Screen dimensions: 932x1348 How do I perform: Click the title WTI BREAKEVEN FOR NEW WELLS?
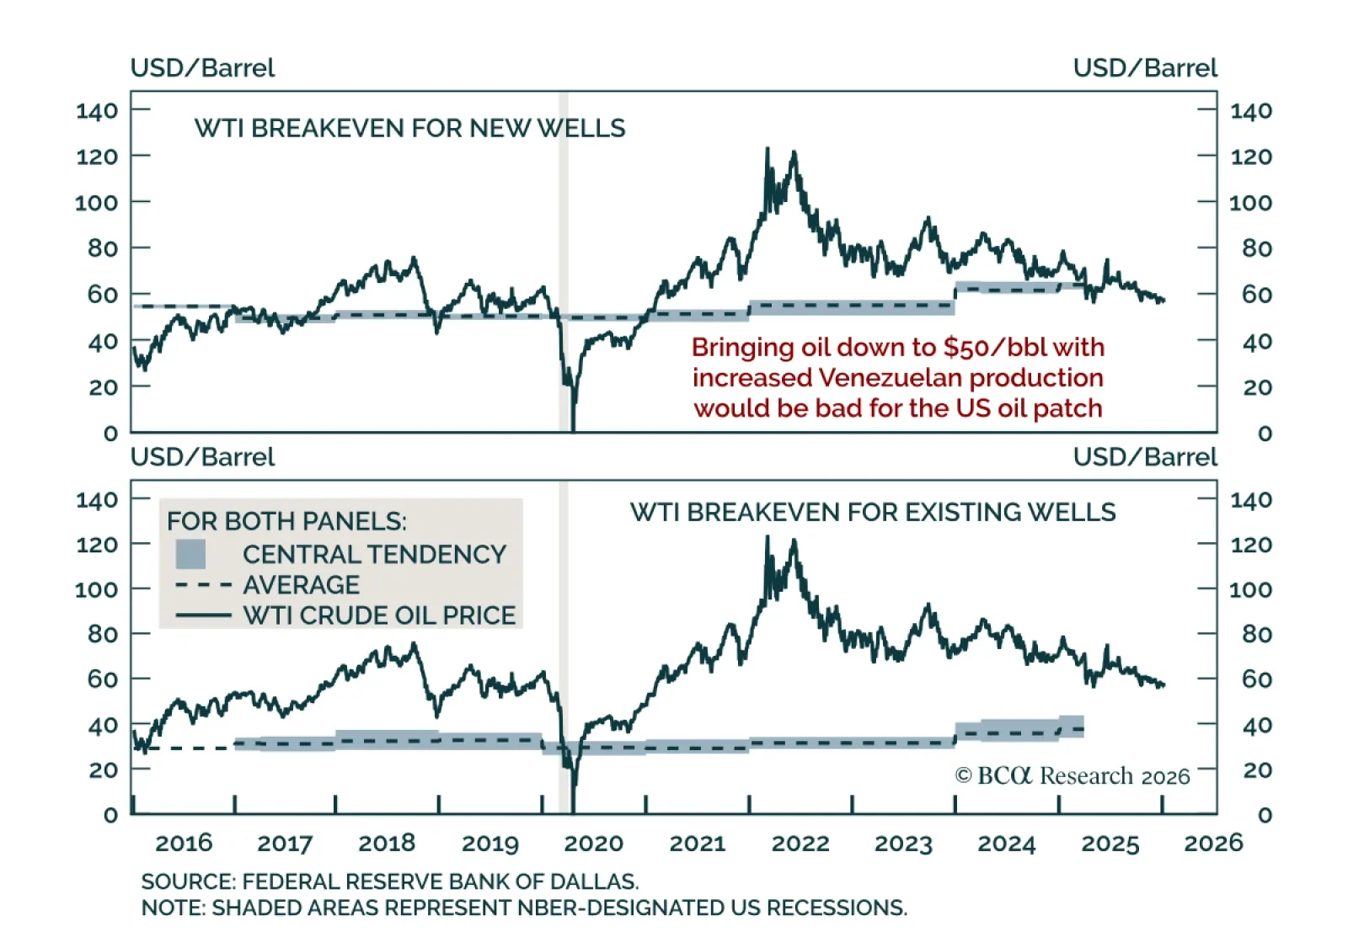(409, 128)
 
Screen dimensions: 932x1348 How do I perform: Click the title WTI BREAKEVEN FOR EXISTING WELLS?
(873, 512)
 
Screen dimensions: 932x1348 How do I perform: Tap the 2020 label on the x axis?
(593, 843)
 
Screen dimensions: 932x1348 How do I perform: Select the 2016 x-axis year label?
(184, 843)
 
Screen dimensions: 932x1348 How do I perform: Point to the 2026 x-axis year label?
(1213, 843)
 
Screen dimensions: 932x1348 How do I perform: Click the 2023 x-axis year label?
(903, 843)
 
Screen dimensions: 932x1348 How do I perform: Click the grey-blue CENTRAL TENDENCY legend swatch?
(190, 554)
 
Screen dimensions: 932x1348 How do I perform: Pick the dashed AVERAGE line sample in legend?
(203, 584)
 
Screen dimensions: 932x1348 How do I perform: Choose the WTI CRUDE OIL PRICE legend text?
(379, 615)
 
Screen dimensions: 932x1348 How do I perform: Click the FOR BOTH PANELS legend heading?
(286, 521)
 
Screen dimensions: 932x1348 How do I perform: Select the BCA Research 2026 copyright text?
(1073, 775)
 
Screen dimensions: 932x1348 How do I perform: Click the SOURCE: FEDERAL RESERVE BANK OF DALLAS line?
(390, 881)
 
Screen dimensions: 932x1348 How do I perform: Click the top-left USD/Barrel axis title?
(202, 67)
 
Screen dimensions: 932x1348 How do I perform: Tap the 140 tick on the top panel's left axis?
(97, 110)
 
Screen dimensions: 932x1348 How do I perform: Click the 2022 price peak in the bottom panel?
(767, 539)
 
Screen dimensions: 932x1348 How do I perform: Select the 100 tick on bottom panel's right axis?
(1250, 589)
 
